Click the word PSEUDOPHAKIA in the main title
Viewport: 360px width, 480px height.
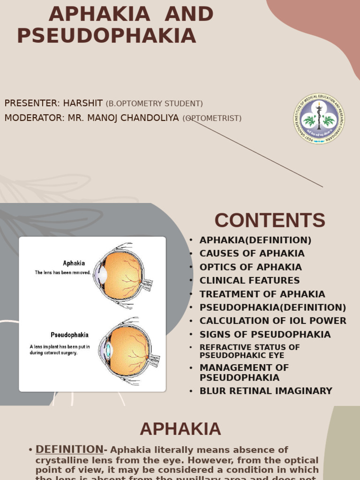[x=106, y=36]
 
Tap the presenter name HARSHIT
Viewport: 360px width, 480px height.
[x=83, y=103]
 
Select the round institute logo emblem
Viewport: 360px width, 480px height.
[x=319, y=119]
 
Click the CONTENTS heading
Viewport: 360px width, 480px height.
[x=270, y=220]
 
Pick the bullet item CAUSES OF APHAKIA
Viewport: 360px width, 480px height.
[x=252, y=254]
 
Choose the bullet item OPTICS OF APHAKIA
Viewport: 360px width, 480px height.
[x=250, y=267]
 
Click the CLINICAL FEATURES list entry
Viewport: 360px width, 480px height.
[x=249, y=281]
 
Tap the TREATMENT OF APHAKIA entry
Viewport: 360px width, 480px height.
[x=262, y=294]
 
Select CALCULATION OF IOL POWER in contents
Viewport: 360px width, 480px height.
[x=273, y=321]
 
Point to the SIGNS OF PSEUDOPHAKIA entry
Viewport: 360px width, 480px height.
[x=265, y=335]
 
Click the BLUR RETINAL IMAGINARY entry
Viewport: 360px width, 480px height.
[x=266, y=391]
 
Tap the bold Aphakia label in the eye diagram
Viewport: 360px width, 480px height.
[x=74, y=263]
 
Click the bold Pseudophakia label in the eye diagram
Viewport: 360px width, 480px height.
[x=69, y=335]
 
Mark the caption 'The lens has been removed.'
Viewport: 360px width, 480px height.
[x=63, y=272]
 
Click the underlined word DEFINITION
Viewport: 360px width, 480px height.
[x=69, y=449]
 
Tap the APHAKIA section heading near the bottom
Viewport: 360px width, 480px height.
[x=180, y=429]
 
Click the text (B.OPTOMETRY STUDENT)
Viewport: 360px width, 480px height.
[x=154, y=104]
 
